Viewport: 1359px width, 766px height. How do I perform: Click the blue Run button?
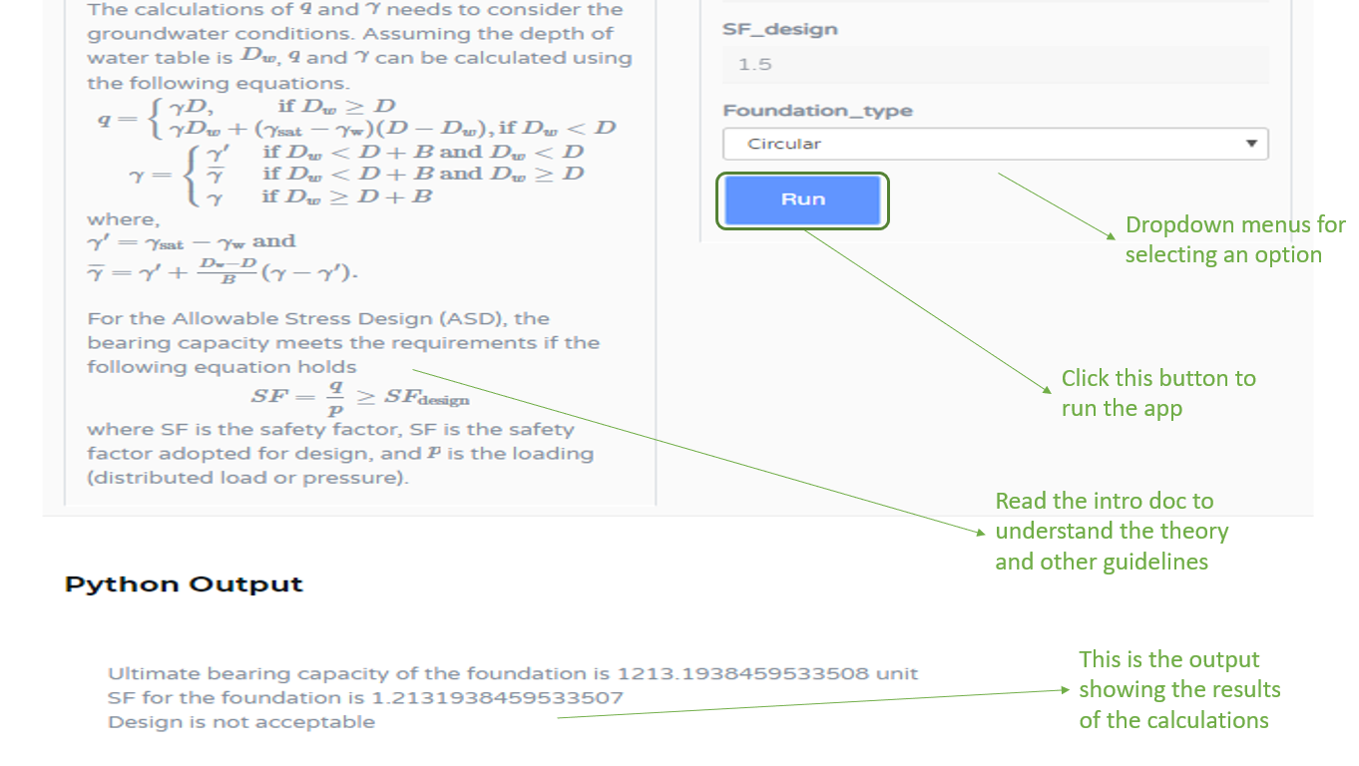click(802, 200)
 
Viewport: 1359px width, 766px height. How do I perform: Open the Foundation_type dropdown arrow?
click(1251, 144)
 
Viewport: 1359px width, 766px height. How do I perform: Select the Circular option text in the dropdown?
click(784, 144)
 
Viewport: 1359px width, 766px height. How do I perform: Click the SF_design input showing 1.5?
click(995, 64)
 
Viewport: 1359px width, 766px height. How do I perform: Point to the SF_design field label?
click(779, 29)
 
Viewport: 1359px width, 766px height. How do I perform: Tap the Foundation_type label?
click(817, 111)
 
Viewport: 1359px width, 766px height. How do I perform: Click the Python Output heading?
click(184, 584)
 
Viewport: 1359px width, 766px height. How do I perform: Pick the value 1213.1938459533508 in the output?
click(742, 673)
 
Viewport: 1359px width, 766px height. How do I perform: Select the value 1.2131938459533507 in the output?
click(497, 697)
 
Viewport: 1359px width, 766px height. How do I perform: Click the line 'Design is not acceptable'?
click(241, 722)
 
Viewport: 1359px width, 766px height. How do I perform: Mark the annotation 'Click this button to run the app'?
click(1158, 393)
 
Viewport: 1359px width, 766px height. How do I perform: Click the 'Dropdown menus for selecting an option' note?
click(1235, 239)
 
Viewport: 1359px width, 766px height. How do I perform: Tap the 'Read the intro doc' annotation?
click(1112, 532)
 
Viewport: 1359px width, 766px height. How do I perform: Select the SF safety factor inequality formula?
click(360, 398)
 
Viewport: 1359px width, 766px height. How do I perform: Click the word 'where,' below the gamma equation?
click(123, 219)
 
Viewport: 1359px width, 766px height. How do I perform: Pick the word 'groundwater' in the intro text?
click(159, 33)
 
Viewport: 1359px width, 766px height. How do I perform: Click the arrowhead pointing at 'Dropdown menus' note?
click(1111, 236)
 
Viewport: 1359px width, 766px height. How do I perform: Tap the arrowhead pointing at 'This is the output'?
click(1065, 689)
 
